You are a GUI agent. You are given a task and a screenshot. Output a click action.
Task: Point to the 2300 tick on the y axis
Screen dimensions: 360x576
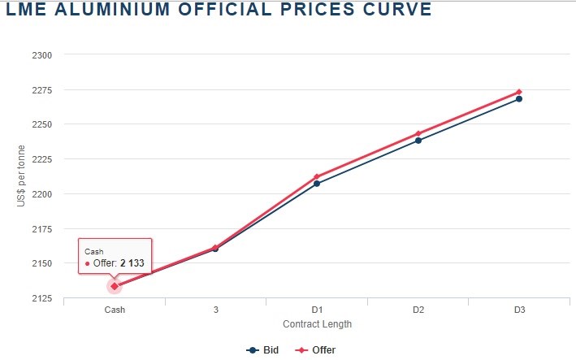(x=41, y=55)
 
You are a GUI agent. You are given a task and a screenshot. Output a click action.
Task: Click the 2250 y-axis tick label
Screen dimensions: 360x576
(x=41, y=124)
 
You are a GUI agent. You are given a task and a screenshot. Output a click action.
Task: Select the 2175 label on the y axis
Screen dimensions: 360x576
(x=41, y=229)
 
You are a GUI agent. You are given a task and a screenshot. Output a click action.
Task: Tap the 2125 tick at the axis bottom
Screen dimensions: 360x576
(x=41, y=298)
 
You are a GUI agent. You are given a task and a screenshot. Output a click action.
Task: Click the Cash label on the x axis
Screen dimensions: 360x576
(x=115, y=310)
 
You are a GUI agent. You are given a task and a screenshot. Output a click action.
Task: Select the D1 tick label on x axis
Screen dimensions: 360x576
(x=317, y=310)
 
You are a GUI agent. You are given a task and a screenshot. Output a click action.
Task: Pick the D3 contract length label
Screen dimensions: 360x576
(x=519, y=310)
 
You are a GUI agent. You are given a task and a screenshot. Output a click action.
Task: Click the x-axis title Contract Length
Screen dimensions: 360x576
(x=317, y=323)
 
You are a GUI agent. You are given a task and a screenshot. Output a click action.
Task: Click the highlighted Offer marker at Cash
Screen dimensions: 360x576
(x=115, y=286)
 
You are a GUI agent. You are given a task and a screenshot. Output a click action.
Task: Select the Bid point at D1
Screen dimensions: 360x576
(x=317, y=184)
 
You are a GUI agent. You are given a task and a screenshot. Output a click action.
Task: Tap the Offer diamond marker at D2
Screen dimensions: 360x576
(x=418, y=133)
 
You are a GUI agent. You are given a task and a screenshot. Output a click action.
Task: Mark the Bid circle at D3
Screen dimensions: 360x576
(x=519, y=99)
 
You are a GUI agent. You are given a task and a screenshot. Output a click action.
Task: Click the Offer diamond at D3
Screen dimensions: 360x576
(x=519, y=92)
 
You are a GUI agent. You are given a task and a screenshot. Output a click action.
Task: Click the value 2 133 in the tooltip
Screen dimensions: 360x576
(x=132, y=263)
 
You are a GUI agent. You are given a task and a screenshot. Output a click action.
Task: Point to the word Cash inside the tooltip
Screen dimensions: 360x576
(x=93, y=252)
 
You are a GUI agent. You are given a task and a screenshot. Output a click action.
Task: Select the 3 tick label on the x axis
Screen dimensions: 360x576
(x=216, y=310)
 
